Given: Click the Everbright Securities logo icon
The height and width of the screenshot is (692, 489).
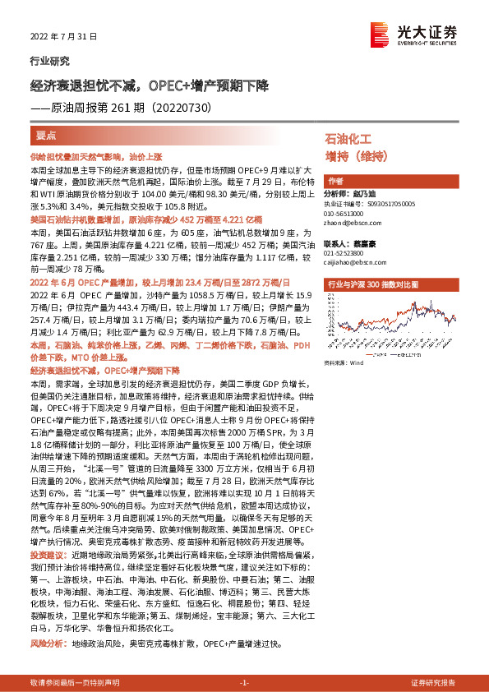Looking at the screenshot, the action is point(380,33).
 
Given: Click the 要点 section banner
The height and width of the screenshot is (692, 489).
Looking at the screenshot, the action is point(45,134).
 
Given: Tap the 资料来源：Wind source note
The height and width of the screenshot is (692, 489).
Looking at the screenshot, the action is point(344,362).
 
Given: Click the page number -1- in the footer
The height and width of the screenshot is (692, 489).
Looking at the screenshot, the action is point(243,682).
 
